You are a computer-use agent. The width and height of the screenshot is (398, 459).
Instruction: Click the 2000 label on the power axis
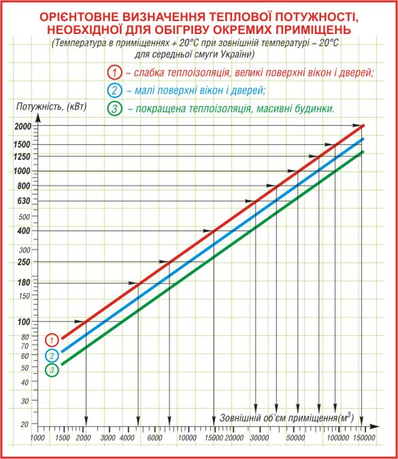[23, 126]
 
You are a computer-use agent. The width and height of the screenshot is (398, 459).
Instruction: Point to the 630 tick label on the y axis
[24, 201]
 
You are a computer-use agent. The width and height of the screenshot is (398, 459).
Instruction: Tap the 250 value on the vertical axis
[24, 262]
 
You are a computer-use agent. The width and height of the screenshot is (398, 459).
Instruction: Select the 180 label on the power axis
[24, 282]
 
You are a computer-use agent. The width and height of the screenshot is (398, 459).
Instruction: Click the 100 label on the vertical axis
[24, 322]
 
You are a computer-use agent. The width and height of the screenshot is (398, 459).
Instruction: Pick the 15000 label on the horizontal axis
[213, 438]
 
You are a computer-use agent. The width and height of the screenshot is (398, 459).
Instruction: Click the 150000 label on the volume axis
[363, 438]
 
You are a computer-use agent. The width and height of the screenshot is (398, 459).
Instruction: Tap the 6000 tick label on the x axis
[154, 438]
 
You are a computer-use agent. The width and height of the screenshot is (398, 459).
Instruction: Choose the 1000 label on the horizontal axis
[38, 438]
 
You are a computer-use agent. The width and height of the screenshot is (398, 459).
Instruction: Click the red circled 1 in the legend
[114, 72]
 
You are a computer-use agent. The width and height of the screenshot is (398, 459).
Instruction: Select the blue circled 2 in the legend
[114, 90]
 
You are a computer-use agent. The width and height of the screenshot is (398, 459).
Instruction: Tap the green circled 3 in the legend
[114, 108]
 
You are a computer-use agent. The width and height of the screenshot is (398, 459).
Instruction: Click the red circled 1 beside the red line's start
[52, 340]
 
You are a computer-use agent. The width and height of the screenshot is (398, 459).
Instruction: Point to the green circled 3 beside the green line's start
[52, 370]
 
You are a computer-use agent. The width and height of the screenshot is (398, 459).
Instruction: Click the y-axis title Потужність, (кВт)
[52, 107]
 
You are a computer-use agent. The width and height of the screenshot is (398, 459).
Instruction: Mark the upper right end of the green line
[363, 152]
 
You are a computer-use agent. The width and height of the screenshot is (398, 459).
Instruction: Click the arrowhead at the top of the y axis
[38, 118]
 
